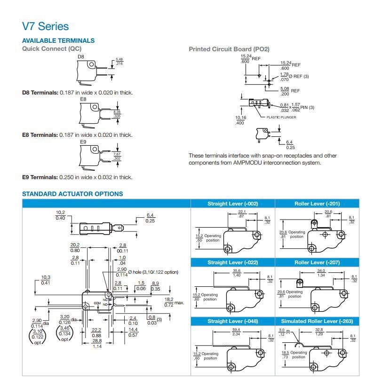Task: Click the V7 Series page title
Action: point(45,26)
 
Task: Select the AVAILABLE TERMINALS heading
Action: point(58,40)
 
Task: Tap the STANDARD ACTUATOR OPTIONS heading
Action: point(72,194)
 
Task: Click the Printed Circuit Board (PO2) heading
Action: point(229,49)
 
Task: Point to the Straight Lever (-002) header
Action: point(232,204)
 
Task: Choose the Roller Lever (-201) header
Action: point(317,204)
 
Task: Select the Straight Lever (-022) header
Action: point(232,262)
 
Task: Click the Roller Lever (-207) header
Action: point(317,262)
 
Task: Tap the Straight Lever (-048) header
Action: point(232,321)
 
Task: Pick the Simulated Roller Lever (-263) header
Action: point(317,321)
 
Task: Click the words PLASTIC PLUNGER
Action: point(281,117)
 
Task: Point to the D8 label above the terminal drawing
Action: point(80,57)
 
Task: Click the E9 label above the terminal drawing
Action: point(83,142)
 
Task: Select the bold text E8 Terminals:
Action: point(40,135)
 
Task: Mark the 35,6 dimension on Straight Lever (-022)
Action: point(236,271)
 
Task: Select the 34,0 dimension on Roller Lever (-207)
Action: point(321,271)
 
